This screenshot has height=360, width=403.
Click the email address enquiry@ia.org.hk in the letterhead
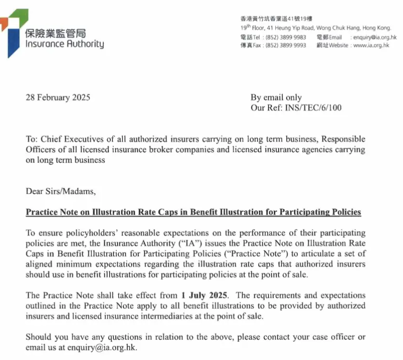coord(374,37)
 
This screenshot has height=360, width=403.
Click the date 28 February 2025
coord(57,98)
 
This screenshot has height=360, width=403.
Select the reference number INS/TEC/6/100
coord(313,108)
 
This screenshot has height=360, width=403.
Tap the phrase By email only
coord(276,98)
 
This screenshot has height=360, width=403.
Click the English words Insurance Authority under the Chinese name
coord(64,44)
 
